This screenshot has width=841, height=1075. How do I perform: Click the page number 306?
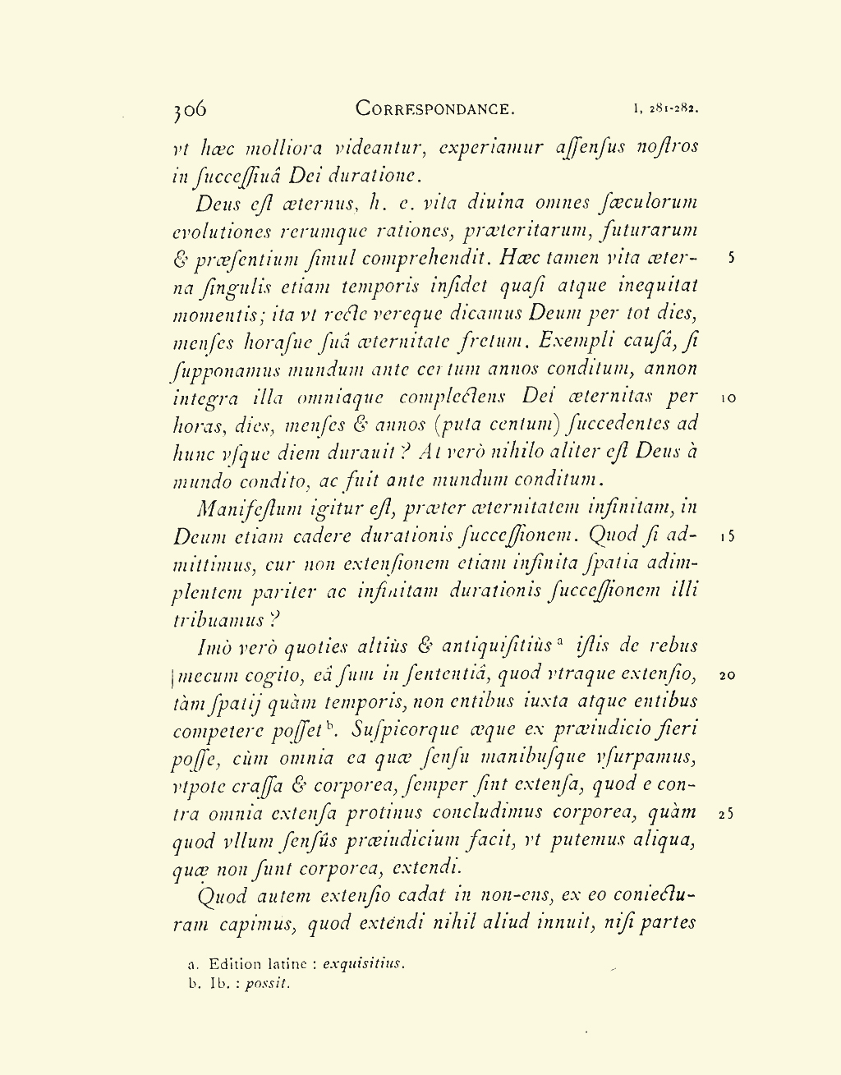click(x=190, y=108)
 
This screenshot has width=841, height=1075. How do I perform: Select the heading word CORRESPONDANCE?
click(x=435, y=108)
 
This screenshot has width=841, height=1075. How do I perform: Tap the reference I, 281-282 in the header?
click(x=666, y=108)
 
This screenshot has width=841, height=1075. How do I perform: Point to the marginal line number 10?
click(x=728, y=398)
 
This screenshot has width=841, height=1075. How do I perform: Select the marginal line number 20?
click(x=727, y=677)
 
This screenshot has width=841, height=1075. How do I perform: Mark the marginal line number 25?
click(x=727, y=815)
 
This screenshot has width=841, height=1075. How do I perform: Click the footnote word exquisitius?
click(x=364, y=964)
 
